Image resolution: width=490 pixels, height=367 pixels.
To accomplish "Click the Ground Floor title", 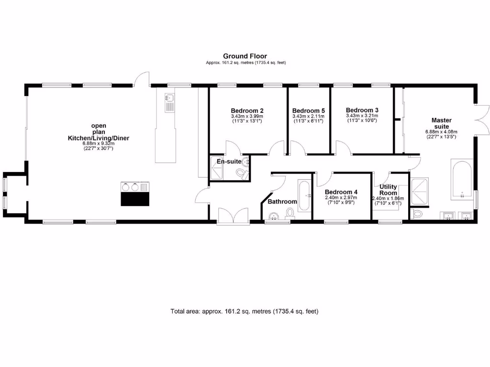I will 245,56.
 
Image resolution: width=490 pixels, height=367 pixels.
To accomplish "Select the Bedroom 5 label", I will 308,109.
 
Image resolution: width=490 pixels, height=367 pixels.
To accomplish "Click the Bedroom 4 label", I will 342,192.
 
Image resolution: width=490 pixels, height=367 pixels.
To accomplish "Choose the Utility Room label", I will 388,190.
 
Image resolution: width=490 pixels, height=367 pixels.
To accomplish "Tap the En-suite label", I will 229,162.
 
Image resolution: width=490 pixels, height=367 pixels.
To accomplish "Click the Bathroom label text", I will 282,202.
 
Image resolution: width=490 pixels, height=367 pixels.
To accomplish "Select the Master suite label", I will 441,123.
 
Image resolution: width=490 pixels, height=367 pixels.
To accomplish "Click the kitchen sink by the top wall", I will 169,102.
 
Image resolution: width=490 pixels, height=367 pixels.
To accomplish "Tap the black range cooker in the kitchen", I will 135,194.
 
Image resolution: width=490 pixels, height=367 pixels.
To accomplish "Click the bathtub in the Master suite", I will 462,181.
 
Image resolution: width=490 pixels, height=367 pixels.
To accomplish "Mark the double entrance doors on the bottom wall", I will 233,216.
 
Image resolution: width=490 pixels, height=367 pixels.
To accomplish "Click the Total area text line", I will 245,311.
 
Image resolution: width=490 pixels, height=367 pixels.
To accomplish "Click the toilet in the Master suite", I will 416,214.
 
